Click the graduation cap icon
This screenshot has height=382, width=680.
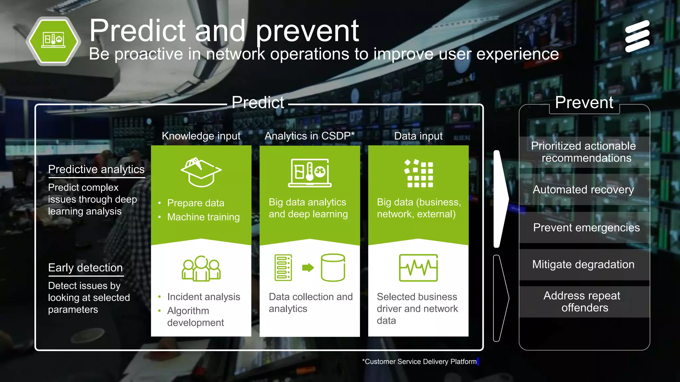[201, 172]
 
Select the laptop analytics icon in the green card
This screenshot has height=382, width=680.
[310, 173]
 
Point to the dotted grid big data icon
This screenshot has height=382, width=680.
[419, 173]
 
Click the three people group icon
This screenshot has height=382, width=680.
[201, 268]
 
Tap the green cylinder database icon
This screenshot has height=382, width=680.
[333, 268]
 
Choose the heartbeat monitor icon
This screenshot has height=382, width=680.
[418, 268]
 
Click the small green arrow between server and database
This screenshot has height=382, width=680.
[308, 268]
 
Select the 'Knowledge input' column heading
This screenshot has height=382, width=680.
[201, 136]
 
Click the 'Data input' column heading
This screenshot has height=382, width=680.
[418, 136]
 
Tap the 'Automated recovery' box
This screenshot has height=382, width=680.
[583, 190]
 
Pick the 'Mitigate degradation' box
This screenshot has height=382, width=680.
[583, 265]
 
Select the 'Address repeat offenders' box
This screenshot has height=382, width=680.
[583, 302]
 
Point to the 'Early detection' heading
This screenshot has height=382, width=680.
[85, 268]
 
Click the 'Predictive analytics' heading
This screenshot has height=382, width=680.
[96, 169]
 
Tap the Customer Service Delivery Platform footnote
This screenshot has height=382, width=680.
[420, 362]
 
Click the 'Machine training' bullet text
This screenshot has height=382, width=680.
[203, 217]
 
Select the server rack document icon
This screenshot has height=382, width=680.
[283, 268]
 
